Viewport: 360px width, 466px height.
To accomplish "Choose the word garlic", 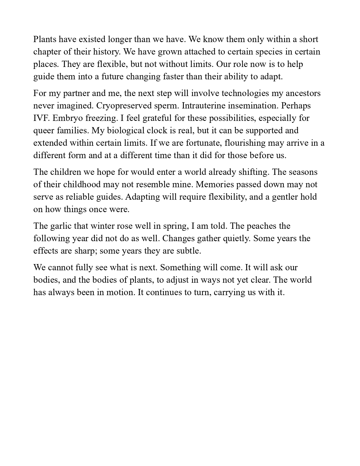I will [61, 226].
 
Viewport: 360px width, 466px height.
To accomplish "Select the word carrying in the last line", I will [229, 292].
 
